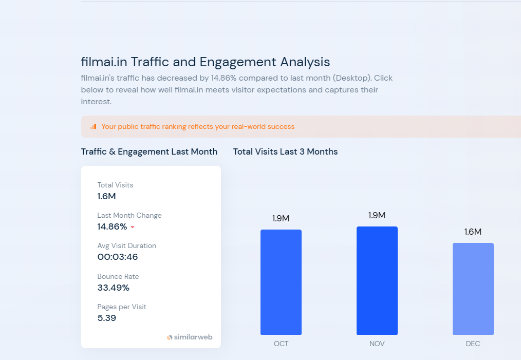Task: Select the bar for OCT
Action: point(281,282)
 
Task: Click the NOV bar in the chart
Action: point(377,280)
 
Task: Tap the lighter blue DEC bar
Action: point(473,289)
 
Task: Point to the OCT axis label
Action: point(281,344)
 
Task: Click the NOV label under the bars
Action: point(377,344)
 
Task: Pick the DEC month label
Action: point(473,344)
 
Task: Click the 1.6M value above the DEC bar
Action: point(473,232)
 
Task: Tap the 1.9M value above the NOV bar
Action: point(377,215)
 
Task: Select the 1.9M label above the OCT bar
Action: point(281,218)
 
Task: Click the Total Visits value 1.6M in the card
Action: point(107,196)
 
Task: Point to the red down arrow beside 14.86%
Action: point(132,227)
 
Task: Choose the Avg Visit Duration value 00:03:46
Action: point(118,257)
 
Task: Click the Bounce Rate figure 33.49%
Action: point(114,288)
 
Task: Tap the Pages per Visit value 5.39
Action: point(107,318)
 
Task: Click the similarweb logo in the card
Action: point(190,337)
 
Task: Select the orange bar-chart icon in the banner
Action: point(93,126)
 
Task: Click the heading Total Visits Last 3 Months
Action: point(285,151)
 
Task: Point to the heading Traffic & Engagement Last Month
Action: point(149,151)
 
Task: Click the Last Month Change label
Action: point(129,215)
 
